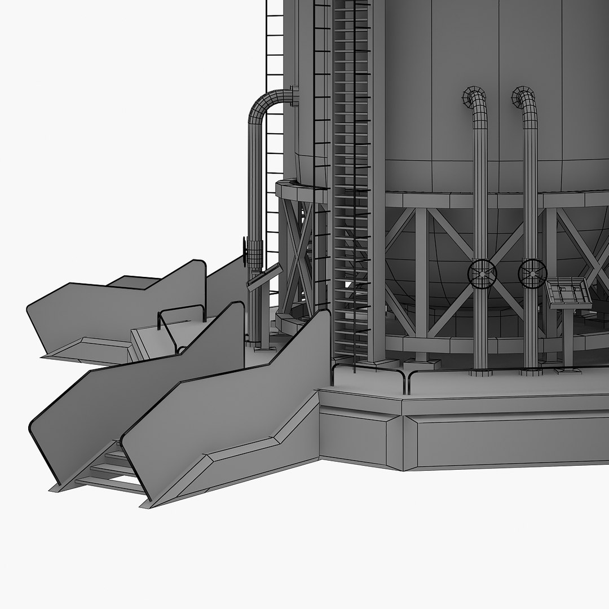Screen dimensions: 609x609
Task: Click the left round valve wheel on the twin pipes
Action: (481, 274)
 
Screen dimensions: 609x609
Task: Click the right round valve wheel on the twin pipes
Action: (531, 274)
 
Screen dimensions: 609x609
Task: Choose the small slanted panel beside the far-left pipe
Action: (264, 277)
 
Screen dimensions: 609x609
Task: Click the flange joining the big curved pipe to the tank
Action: (294, 96)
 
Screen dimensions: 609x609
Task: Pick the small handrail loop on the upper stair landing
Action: (180, 321)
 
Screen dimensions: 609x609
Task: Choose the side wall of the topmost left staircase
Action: (118, 316)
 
